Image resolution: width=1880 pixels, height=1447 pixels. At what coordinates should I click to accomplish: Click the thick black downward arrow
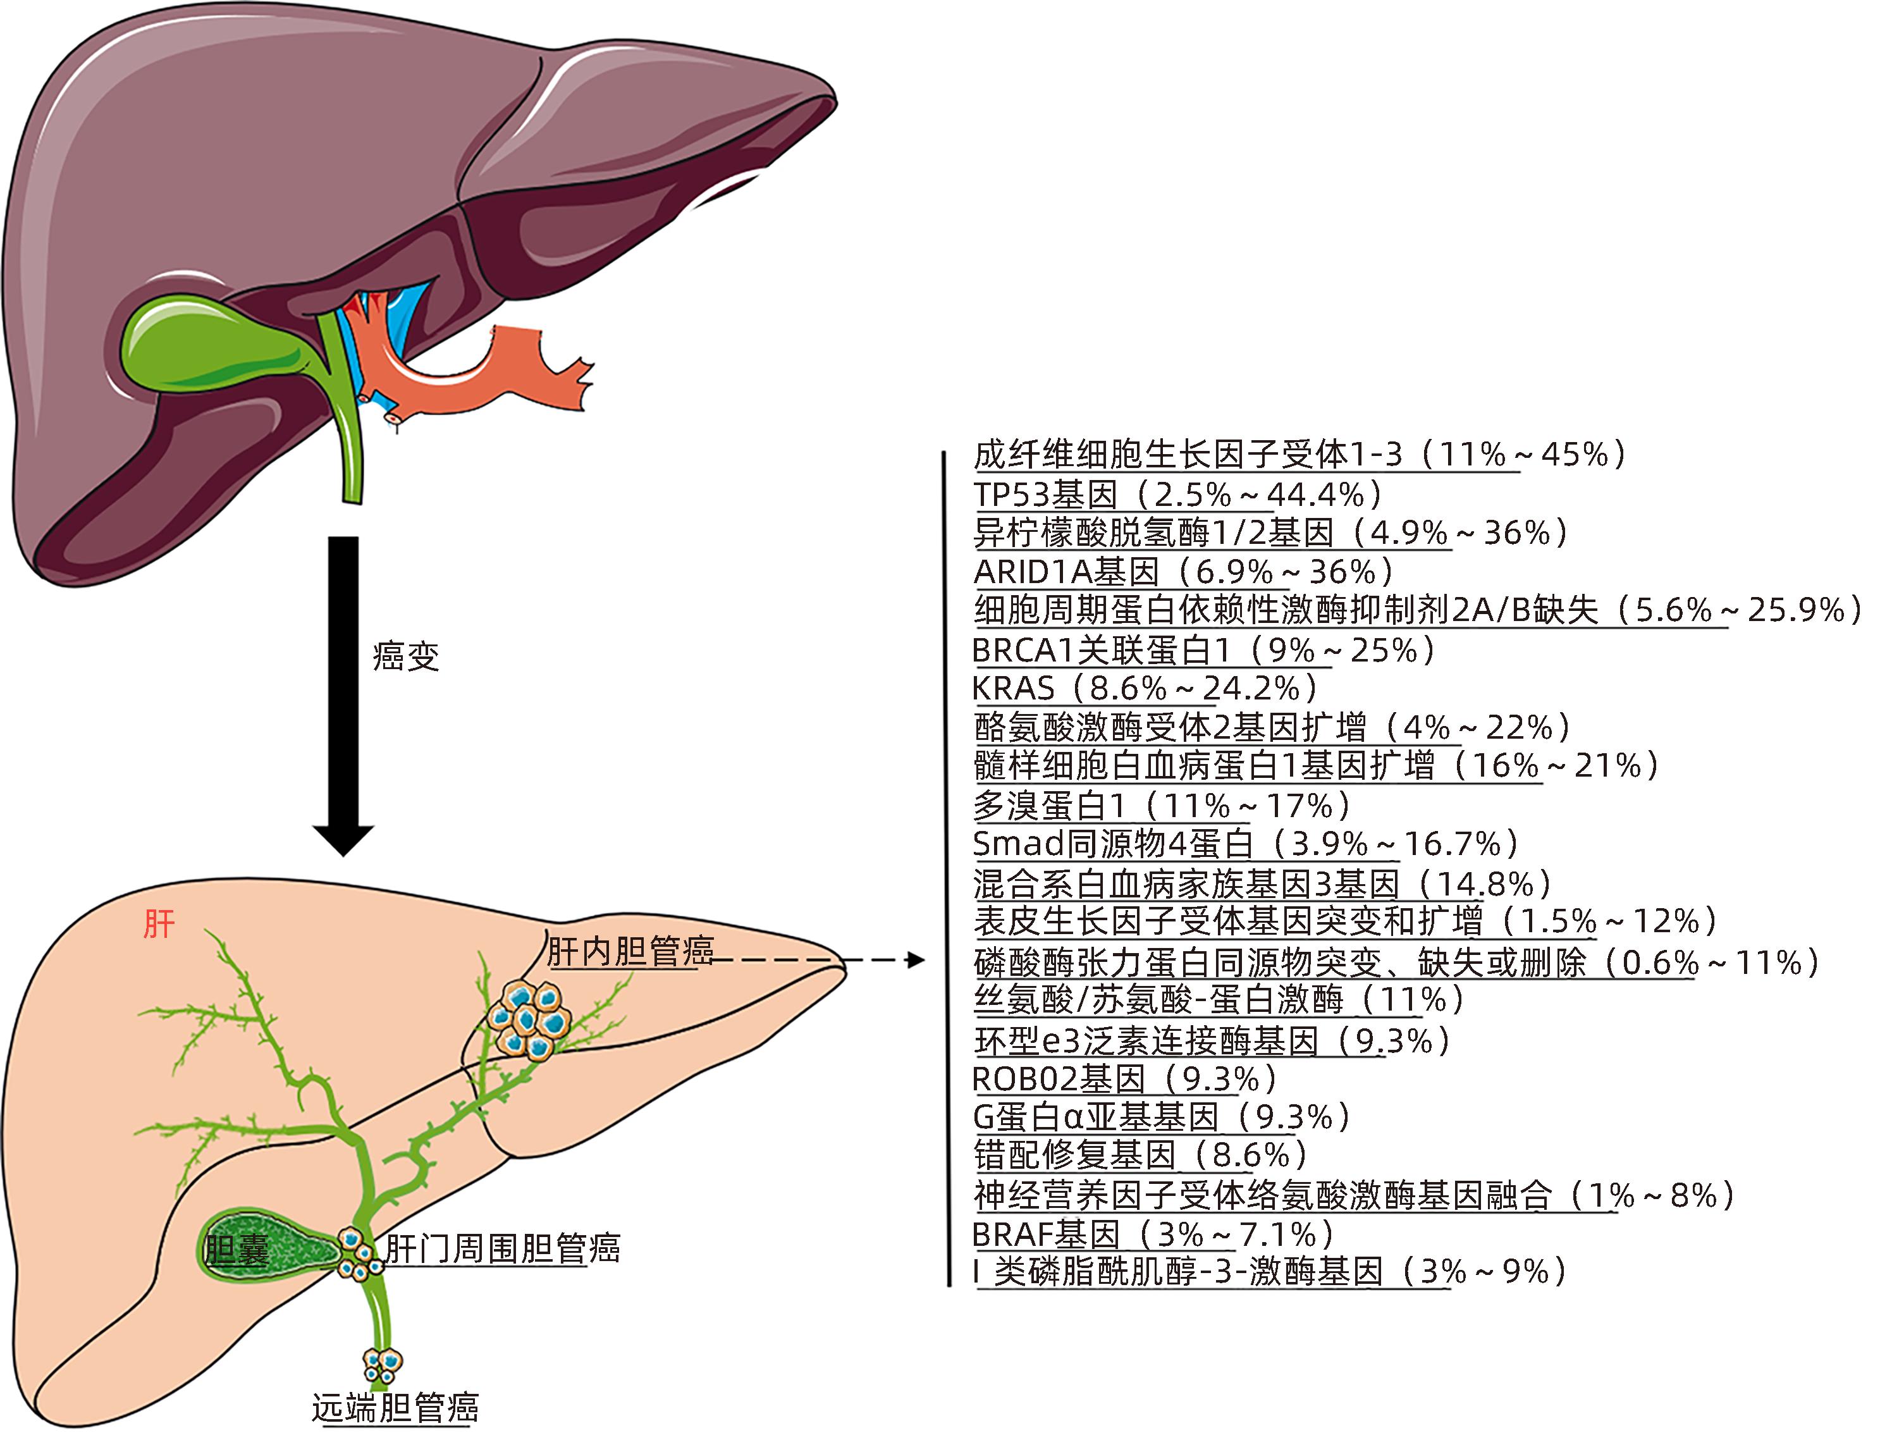pos(343,689)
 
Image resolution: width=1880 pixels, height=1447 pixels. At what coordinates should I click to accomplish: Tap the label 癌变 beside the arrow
pos(405,656)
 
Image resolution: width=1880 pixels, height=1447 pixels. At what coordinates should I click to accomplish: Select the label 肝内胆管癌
pos(630,951)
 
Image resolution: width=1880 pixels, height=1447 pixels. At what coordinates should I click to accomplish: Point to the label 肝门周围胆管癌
pos(502,1248)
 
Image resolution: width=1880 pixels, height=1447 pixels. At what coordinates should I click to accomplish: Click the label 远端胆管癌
pos(395,1408)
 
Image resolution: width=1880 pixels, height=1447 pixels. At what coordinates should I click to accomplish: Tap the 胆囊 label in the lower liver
pos(237,1249)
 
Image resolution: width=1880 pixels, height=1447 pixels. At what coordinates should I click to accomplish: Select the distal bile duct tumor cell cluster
pos(382,1364)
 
